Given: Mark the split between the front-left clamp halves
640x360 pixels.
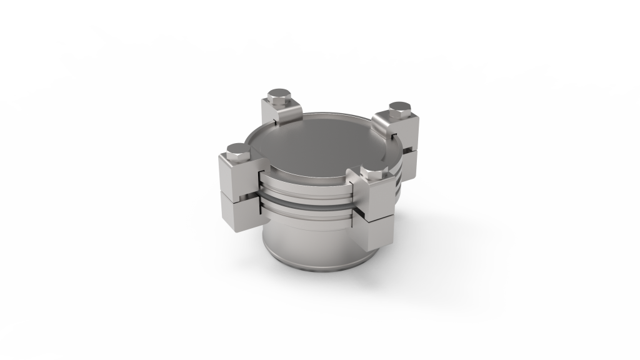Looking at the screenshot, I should [x=236, y=193].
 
